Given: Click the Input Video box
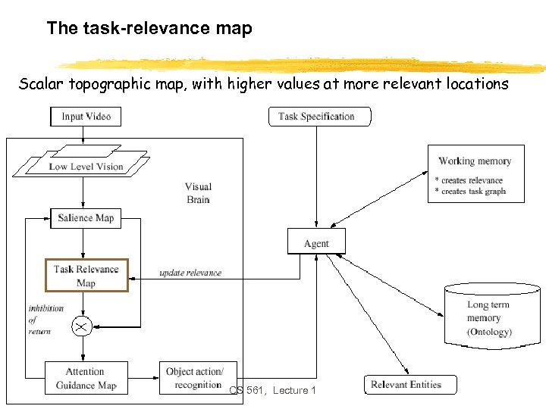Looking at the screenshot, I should coord(86,116).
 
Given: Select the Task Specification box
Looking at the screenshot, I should coord(321,116).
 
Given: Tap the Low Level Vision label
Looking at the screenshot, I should coord(86,167).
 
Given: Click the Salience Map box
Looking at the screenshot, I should coord(86,218).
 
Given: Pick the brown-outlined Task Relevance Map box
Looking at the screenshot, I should coord(86,276).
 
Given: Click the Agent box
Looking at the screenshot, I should coord(316,242).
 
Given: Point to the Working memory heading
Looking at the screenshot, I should coord(475,161).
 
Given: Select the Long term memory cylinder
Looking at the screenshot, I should coord(492,314).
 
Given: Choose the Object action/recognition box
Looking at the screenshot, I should coord(193,378).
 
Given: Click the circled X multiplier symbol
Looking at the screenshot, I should coord(81,326).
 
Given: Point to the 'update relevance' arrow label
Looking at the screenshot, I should coord(190,273).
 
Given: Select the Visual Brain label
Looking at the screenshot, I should coord(198,193).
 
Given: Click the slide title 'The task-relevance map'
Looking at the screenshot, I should coord(149,29).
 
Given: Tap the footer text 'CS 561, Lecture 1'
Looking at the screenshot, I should coord(273,390).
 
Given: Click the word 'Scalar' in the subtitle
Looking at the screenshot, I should coord(41,84).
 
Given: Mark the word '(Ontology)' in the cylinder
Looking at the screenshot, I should coord(489,332).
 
